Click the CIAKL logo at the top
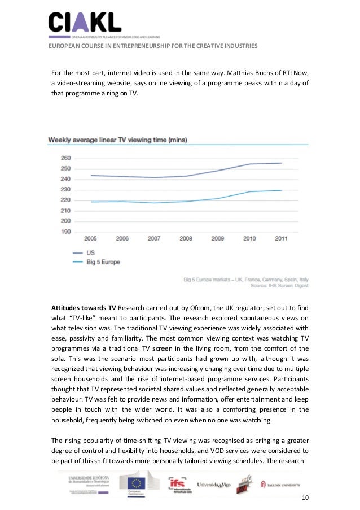pyautogui.click(x=84, y=23)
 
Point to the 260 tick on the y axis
pyautogui.click(x=65, y=158)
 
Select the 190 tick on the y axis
pyautogui.click(x=65, y=232)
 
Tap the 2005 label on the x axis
pyautogui.click(x=90, y=238)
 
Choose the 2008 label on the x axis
pyautogui.click(x=186, y=238)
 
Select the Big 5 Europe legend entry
pyautogui.click(x=103, y=262)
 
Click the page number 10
pyautogui.click(x=305, y=498)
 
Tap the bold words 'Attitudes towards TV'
pyautogui.click(x=84, y=307)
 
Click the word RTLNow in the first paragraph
pyautogui.click(x=295, y=73)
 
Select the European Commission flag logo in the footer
pyautogui.click(x=138, y=483)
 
